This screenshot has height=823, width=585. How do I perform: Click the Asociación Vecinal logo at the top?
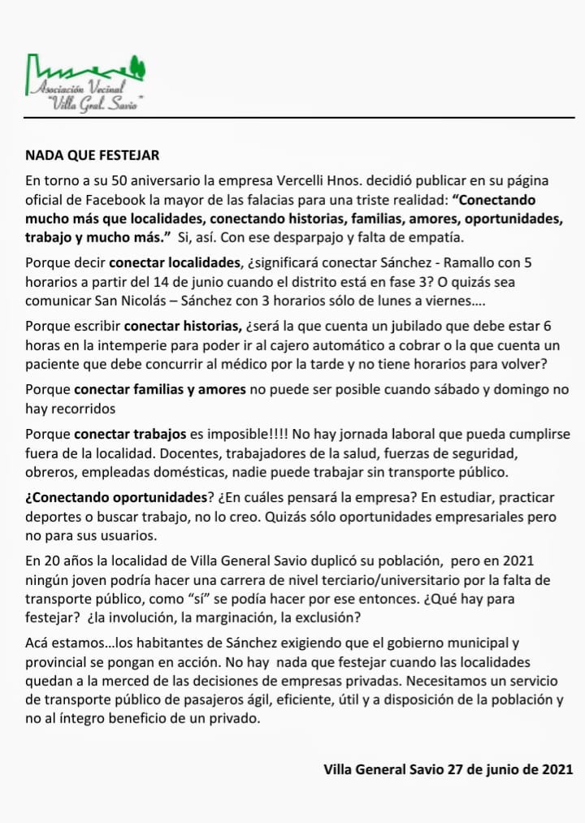pyautogui.click(x=84, y=83)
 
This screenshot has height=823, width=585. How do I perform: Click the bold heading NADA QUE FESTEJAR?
pyautogui.click(x=92, y=154)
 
